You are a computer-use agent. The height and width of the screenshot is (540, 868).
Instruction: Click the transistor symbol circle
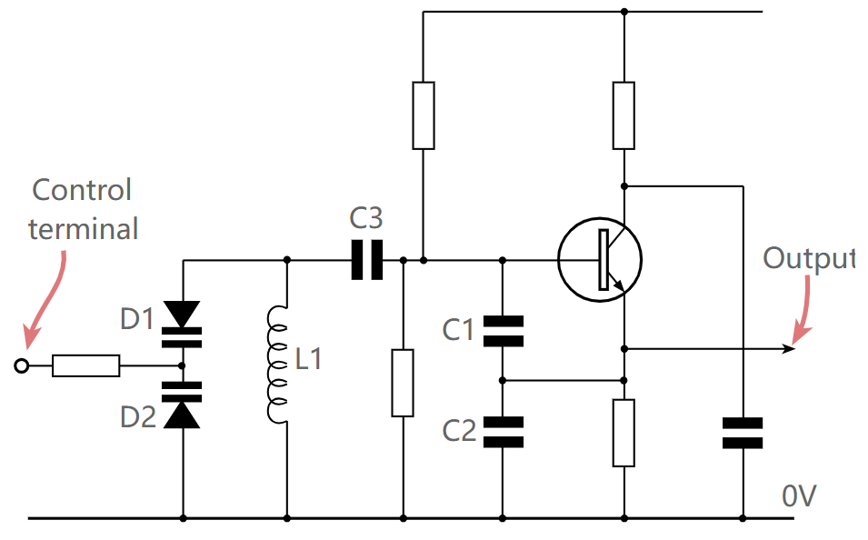click(600, 259)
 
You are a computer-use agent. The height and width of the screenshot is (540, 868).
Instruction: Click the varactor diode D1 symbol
click(184, 323)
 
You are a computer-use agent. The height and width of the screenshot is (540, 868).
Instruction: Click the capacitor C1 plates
click(503, 331)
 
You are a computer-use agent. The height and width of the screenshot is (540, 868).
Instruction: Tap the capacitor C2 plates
click(503, 431)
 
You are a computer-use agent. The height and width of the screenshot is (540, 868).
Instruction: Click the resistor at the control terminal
click(86, 365)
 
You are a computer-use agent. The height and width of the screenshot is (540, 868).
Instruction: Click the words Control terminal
click(83, 209)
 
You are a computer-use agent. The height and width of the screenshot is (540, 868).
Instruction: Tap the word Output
click(807, 259)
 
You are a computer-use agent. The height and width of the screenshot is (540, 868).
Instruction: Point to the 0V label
click(799, 496)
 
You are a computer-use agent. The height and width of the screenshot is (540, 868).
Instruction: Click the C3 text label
click(366, 218)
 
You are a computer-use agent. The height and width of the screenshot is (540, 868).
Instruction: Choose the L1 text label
click(309, 360)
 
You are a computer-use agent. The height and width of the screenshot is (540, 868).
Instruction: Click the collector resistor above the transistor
click(624, 115)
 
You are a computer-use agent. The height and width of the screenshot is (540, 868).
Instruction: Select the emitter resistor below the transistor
click(624, 432)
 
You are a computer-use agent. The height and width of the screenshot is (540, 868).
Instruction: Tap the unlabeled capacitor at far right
click(743, 433)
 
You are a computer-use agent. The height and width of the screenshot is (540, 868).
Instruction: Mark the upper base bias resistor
click(424, 115)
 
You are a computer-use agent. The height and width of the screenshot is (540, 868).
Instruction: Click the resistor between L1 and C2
click(403, 382)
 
